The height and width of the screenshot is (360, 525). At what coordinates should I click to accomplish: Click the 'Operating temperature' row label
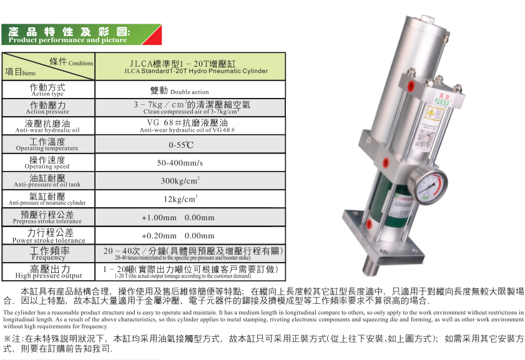pyautogui.click(x=47, y=145)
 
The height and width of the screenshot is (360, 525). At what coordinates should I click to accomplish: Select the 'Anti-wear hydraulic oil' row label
pyautogui.click(x=47, y=127)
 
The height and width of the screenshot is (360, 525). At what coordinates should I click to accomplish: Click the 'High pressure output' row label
pyautogui.click(x=48, y=272)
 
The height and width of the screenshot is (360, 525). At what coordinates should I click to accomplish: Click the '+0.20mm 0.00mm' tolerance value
pyautogui.click(x=178, y=236)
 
